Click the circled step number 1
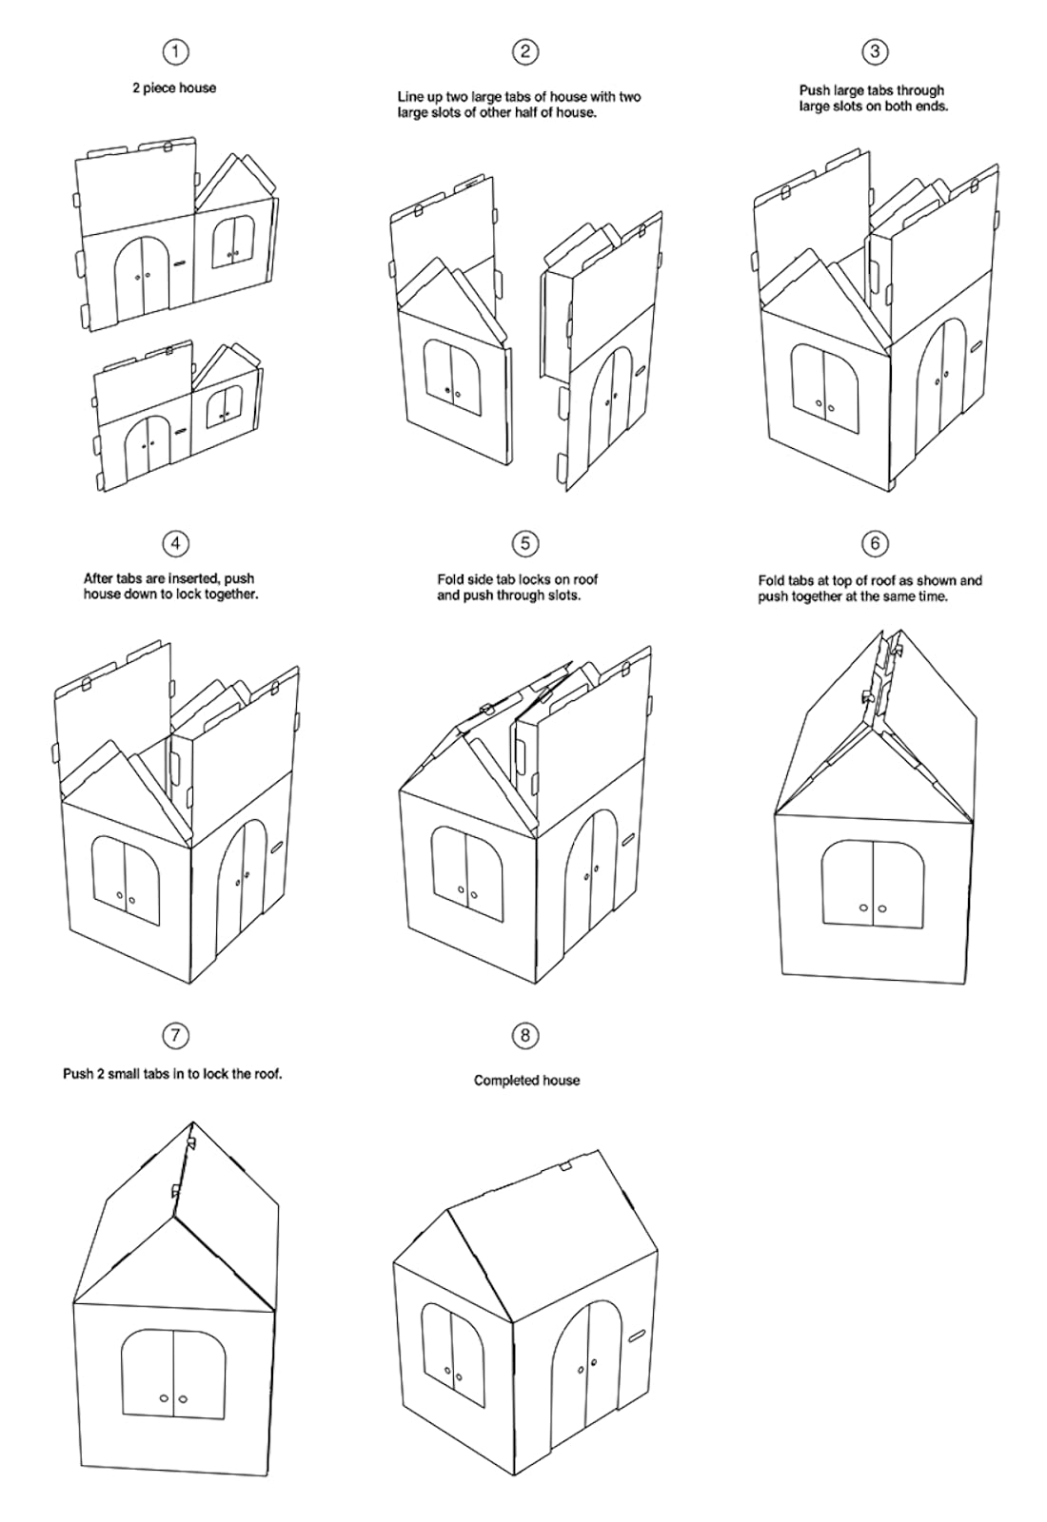pos(176,51)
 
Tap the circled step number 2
pos(524,51)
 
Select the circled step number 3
pos(875,51)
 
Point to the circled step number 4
pos(176,543)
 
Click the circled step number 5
pos(524,543)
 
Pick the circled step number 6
pos(875,543)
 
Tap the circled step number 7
pos(176,1036)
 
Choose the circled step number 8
pos(524,1036)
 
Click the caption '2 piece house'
pos(175,88)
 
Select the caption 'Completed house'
pos(527,1081)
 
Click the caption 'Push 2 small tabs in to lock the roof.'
pos(172,1074)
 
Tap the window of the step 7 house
pos(173,1375)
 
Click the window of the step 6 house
pos(873,884)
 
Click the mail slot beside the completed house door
pos(637,1336)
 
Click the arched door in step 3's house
pos(941,387)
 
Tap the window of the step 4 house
pos(126,881)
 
